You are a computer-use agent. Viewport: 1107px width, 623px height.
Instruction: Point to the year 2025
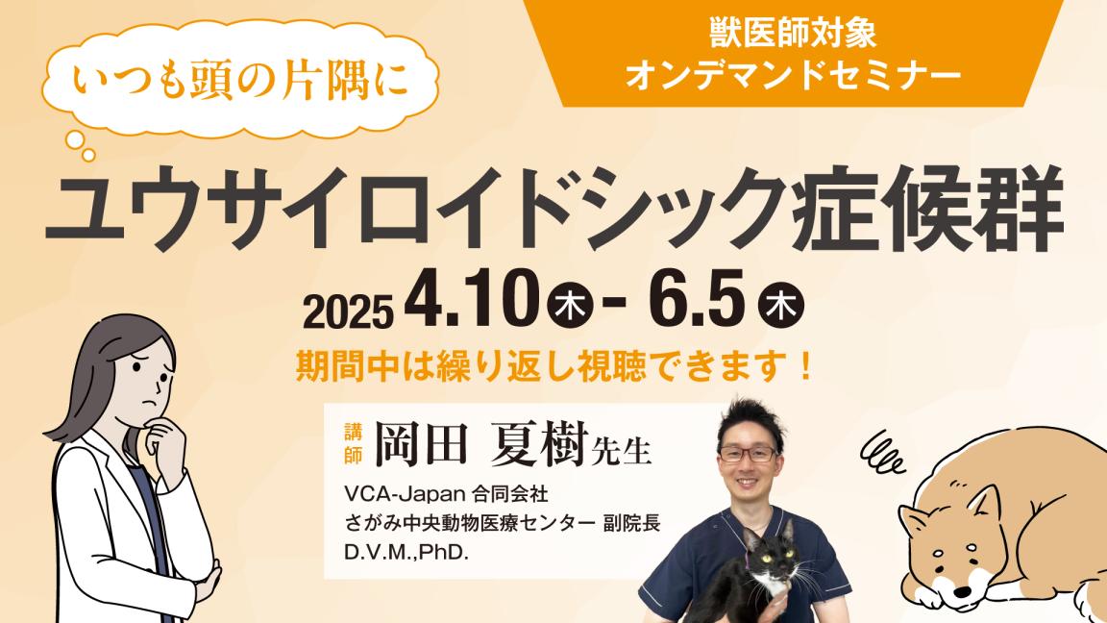pos(349,310)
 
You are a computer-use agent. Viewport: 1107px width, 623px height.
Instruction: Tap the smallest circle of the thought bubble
pos(88,154)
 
